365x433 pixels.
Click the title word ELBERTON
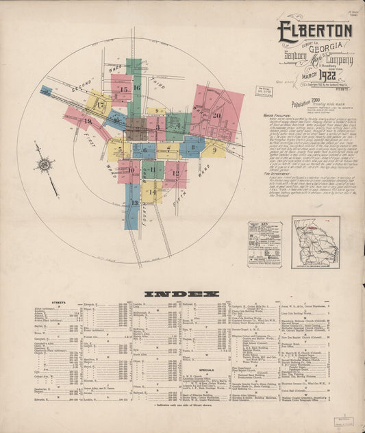click(x=315, y=31)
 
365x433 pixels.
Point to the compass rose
click(x=45, y=165)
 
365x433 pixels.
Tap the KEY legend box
click(x=264, y=243)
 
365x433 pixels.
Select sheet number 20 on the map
click(x=216, y=115)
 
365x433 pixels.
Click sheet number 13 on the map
click(x=134, y=203)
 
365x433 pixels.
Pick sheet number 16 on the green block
click(x=136, y=88)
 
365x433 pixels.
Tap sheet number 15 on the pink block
click(x=123, y=89)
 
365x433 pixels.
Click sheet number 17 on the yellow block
click(x=101, y=106)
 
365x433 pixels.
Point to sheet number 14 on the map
click(x=152, y=193)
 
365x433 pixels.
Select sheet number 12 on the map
click(x=175, y=173)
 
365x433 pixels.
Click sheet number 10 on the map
click(x=130, y=169)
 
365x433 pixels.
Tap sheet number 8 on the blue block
click(x=192, y=146)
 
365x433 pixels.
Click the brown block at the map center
click(x=136, y=128)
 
